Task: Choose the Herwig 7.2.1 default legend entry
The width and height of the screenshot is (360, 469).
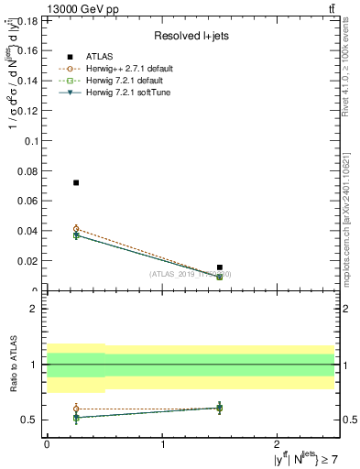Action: (x=124, y=81)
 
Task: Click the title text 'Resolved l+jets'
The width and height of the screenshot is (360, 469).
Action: (x=190, y=37)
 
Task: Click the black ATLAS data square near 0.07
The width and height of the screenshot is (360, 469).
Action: (x=76, y=182)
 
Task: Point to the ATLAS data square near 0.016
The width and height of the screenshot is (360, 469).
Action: (x=220, y=267)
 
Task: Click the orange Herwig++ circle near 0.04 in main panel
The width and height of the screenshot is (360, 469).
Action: (x=76, y=229)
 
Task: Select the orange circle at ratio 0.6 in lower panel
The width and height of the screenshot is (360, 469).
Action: (x=76, y=409)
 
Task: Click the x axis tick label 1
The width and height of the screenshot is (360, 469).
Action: (x=162, y=443)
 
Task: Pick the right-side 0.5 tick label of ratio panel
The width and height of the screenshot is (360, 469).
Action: (x=347, y=420)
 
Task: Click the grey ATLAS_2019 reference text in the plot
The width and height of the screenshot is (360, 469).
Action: (x=191, y=274)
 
